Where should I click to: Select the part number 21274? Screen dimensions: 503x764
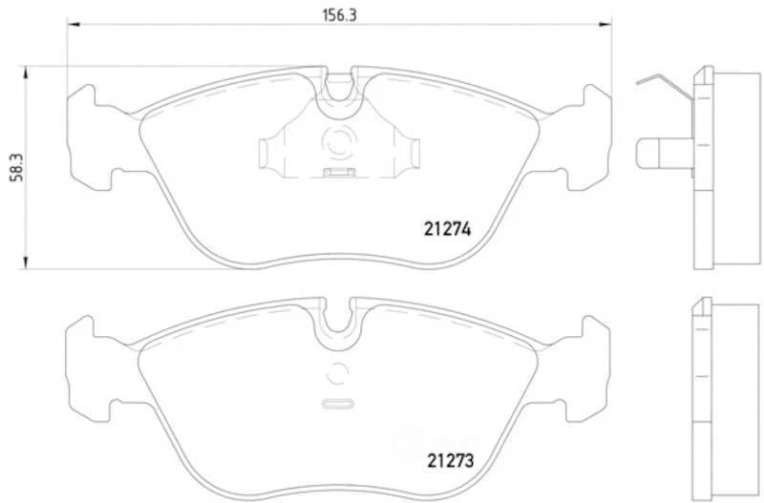tap(449, 229)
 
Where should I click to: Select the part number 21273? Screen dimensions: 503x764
tap(449, 458)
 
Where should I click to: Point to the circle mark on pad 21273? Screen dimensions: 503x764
tap(339, 375)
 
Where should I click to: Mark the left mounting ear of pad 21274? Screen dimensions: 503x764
tap(89, 134)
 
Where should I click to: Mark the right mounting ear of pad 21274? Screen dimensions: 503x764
tap(589, 134)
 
